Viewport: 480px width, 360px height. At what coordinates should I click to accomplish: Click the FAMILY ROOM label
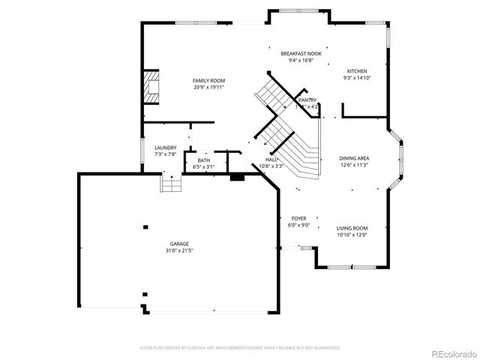[208, 80]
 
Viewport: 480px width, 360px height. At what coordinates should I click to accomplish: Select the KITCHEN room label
[357, 71]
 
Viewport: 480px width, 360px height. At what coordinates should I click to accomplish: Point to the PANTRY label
[307, 100]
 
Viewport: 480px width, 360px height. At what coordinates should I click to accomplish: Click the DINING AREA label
[355, 158]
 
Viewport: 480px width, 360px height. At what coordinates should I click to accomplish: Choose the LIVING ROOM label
[352, 228]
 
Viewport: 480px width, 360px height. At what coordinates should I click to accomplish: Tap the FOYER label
[298, 218]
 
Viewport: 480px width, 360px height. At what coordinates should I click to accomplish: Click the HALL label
[271, 160]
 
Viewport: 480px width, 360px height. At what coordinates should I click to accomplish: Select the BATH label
[204, 160]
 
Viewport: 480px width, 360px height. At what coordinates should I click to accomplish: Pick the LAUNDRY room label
[165, 148]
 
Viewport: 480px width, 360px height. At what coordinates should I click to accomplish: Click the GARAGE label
[178, 243]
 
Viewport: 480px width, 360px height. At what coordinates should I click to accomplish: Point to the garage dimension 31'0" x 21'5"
[178, 250]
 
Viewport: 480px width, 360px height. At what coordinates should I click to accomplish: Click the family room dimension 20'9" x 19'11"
[208, 87]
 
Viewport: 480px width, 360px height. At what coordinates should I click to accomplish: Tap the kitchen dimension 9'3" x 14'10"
[357, 78]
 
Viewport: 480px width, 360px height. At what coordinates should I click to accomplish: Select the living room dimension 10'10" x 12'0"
[352, 235]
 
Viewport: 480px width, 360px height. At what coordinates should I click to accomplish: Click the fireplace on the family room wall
[152, 85]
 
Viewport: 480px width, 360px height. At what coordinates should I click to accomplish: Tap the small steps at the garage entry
[172, 182]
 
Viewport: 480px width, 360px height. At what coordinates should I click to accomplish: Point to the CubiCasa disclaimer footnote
[240, 348]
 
